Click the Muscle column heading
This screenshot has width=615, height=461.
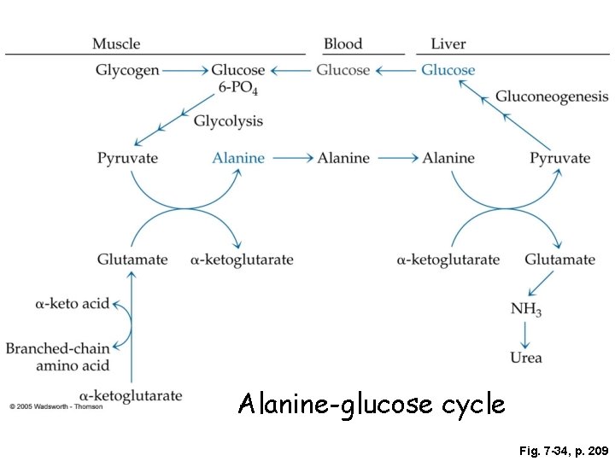pos(116,44)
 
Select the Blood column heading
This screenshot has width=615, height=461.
pos(343,44)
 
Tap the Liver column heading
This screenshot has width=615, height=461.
pos(448,44)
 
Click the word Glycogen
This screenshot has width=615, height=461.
pos(127,70)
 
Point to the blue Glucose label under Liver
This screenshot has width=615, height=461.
pos(448,70)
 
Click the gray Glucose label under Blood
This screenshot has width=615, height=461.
pos(343,70)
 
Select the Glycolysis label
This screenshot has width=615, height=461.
pos(228,121)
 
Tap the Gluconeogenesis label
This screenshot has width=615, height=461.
pos(552,96)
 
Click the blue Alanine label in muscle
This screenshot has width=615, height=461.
pos(238,158)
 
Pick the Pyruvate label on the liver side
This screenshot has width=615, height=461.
pos(559,158)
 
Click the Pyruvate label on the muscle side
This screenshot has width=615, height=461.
pos(127,158)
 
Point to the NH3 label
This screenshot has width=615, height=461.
pos(526,309)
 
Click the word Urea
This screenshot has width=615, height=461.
pos(526,358)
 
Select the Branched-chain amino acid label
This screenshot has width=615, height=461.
pos(58,357)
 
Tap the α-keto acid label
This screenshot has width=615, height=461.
pos(73,303)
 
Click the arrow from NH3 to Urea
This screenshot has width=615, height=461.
pos(526,334)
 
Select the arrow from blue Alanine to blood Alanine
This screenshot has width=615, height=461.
pos(290,158)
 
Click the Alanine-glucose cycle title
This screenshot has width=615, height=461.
pos(372,403)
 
